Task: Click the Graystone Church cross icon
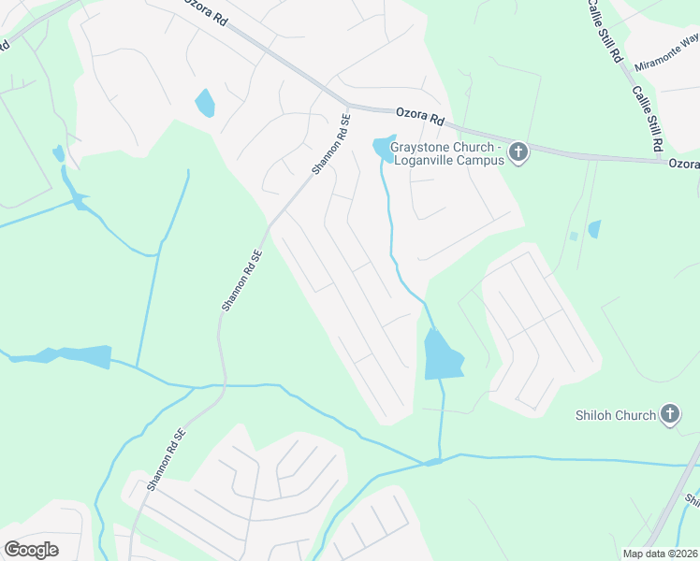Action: [x=519, y=151]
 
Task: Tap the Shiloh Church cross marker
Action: [x=669, y=413]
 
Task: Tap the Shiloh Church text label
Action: [x=615, y=415]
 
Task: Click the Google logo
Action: [x=31, y=549]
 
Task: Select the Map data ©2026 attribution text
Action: [x=659, y=554]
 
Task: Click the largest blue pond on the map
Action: [x=443, y=355]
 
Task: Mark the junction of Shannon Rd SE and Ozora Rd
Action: [x=348, y=105]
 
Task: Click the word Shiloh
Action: [x=596, y=415]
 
